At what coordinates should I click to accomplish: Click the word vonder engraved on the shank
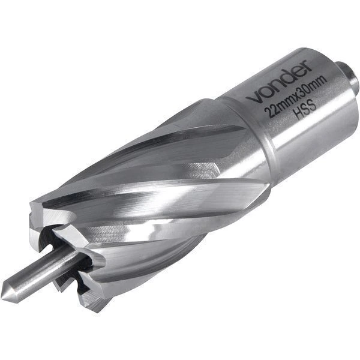click(280, 82)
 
